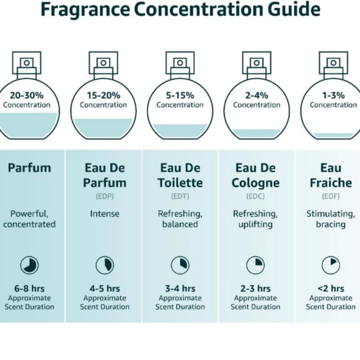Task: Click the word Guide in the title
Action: [294, 10]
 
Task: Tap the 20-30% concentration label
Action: [26, 95]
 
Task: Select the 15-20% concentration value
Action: [103, 95]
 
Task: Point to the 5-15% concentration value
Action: [180, 95]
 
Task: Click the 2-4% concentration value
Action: [256, 95]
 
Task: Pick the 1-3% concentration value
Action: [334, 95]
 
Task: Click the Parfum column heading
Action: [29, 168]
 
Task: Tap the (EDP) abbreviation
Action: [105, 196]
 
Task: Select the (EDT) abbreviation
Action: [180, 196]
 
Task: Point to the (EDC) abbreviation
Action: [255, 196]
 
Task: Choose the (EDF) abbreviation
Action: [331, 196]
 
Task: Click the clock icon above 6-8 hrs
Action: [29, 265]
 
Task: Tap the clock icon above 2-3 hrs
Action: [255, 265]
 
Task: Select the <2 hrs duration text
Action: [331, 289]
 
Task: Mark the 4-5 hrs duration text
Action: [105, 289]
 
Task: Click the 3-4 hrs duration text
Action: [180, 289]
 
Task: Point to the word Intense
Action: [105, 214]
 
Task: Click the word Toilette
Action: [180, 183]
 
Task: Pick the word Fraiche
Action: [331, 183]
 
